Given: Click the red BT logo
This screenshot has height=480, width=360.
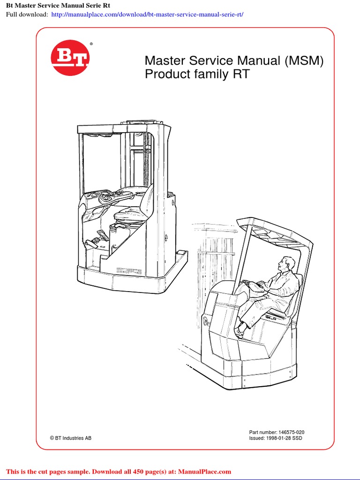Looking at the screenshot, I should (x=70, y=58).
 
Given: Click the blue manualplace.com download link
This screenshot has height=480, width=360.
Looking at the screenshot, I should (x=148, y=14).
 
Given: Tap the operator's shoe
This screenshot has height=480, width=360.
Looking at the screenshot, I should (x=240, y=331).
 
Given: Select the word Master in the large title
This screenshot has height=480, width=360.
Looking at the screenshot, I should (x=165, y=60).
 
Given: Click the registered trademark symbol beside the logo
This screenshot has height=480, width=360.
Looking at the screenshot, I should (x=91, y=44).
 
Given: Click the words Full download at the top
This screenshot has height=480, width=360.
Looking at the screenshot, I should (x=26, y=14).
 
